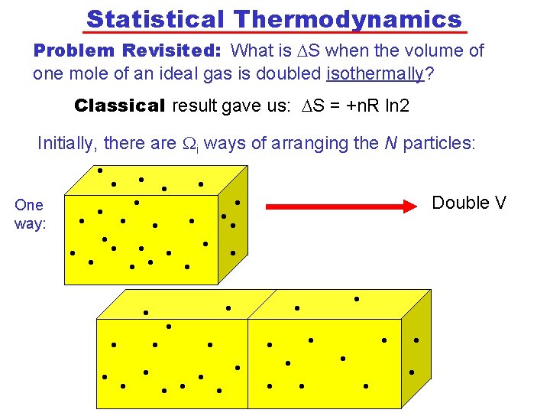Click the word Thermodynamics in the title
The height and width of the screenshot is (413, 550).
click(348, 18)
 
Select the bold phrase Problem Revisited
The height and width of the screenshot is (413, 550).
click(128, 51)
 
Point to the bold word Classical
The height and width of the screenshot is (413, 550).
click(120, 106)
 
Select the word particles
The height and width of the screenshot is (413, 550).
click(444, 143)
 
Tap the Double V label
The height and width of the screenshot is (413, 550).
click(469, 203)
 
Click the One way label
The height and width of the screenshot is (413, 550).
click(30, 214)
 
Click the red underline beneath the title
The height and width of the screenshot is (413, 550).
click(274, 33)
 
